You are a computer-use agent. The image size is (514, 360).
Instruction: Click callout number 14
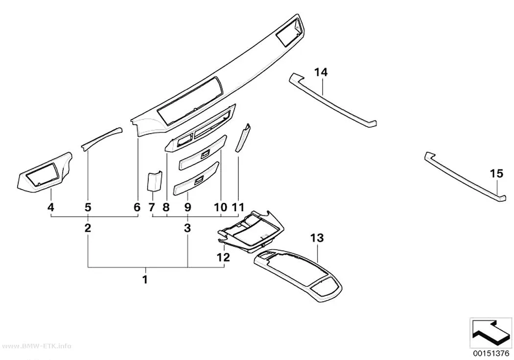pyautogui.click(x=321, y=72)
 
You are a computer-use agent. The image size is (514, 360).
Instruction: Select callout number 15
pyautogui.click(x=496, y=173)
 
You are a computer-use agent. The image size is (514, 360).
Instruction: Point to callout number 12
pyautogui.click(x=223, y=257)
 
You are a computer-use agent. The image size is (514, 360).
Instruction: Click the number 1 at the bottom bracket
pyautogui.click(x=144, y=280)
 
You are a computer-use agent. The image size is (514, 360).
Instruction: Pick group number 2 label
pyautogui.click(x=88, y=228)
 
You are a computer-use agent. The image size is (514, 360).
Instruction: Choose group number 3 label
pyautogui.click(x=187, y=228)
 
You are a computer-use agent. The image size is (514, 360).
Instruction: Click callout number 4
pyautogui.click(x=50, y=207)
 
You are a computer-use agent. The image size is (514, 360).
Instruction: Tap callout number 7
pyautogui.click(x=151, y=207)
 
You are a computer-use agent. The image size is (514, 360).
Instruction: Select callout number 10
pyautogui.click(x=220, y=207)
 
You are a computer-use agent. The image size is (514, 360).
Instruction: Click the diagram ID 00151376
pyautogui.click(x=491, y=354)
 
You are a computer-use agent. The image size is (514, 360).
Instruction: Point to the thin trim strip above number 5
pyautogui.click(x=102, y=138)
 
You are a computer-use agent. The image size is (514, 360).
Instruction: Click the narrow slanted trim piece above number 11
pyautogui.click(x=243, y=138)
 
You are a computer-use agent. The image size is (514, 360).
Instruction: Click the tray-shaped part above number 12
pyautogui.click(x=251, y=231)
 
